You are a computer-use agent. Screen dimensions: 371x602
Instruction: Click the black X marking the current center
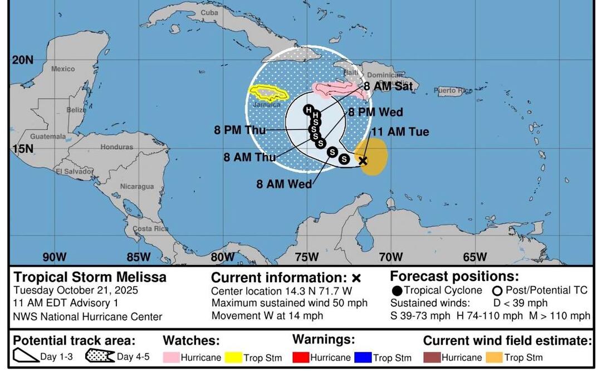(363, 160)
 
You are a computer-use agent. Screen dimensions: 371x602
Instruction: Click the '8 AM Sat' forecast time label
(388, 86)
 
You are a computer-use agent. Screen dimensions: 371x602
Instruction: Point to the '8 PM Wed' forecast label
(375, 112)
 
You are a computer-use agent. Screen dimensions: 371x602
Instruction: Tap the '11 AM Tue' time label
(400, 132)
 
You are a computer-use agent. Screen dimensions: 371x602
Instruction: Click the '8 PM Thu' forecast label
(240, 130)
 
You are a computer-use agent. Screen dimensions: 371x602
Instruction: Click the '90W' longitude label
(55, 257)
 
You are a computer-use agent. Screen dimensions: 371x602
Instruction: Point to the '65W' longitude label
(475, 257)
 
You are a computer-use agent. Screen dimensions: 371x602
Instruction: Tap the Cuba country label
(209, 12)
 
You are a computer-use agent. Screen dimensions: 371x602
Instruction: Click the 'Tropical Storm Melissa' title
(90, 277)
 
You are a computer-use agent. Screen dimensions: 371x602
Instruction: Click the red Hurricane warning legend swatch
(300, 357)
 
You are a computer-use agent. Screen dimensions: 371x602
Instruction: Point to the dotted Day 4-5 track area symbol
(100, 357)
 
